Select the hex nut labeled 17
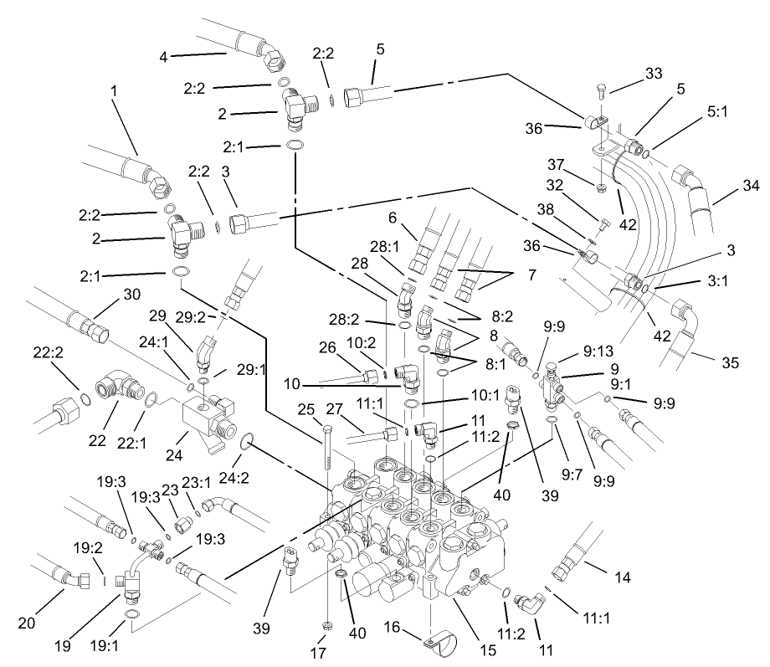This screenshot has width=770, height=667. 326,625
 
